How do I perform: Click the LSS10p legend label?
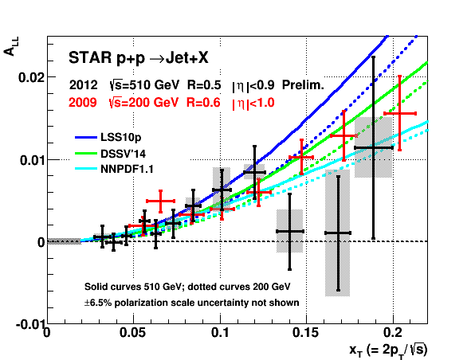coord(121,138)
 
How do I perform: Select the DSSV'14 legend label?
coord(123,154)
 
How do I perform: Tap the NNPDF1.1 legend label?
coord(127,169)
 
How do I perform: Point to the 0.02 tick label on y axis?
coord(32,77)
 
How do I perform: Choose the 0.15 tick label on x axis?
coord(305,333)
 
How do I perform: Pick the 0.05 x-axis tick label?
coord(133,333)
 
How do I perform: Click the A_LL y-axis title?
coord(11,46)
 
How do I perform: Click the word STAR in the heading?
coord(90,57)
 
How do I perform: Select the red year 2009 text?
coord(83,103)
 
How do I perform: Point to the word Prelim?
coord(303,85)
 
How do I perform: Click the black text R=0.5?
coord(204,85)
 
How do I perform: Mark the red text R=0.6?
coord(203,103)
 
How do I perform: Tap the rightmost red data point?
coord(400,113)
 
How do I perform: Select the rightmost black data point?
coord(374,148)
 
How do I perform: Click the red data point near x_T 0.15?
coord(301,157)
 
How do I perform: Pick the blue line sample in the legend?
coord(86,138)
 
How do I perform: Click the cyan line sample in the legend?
coord(86,169)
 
